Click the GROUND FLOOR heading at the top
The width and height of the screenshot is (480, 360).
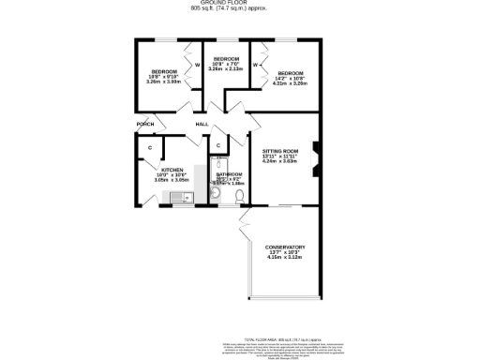pos(242,3)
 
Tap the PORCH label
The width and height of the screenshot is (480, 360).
pos(145,125)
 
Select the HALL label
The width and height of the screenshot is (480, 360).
pos(202,125)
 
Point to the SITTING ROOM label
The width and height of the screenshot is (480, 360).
pos(279,150)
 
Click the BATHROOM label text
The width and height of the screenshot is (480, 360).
pos(230,174)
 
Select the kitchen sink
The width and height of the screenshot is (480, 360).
pos(181,197)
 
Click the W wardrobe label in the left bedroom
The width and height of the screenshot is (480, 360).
pos(198,65)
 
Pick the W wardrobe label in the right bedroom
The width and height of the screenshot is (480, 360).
pos(255,65)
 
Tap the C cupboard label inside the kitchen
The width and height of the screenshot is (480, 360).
pos(149,148)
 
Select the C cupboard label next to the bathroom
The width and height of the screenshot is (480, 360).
pos(217,145)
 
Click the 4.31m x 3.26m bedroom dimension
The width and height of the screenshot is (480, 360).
pos(289,83)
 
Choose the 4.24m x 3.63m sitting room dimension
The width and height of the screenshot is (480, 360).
pos(279,161)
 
